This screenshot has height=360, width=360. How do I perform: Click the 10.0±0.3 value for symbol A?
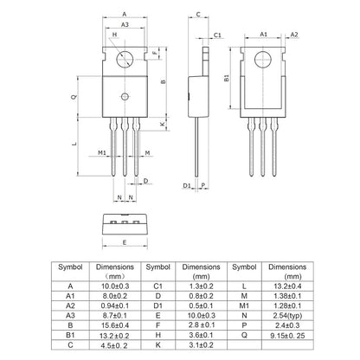(x=114, y=284)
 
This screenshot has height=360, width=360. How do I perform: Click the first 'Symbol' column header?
(x=70, y=268)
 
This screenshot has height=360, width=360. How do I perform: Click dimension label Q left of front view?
(x=74, y=96)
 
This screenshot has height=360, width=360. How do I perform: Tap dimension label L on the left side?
(x=74, y=143)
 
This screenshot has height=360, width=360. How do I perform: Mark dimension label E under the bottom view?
(x=126, y=242)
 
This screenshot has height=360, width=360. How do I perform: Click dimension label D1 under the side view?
(x=186, y=185)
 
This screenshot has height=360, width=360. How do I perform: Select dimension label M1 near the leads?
(x=102, y=152)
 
